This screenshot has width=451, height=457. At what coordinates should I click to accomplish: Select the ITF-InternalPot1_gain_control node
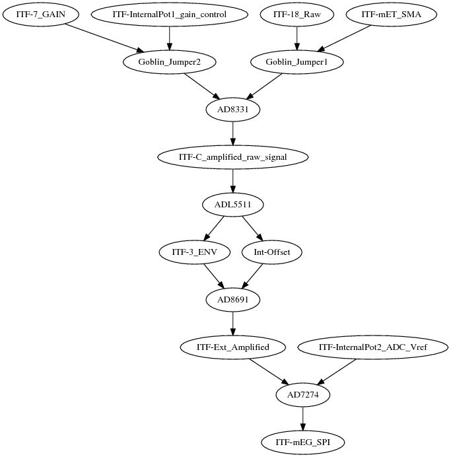click(170, 13)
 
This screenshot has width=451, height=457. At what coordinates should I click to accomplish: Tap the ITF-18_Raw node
click(297, 13)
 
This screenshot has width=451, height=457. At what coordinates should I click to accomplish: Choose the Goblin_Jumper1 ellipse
click(297, 61)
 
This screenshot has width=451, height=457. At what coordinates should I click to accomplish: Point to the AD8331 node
click(232, 109)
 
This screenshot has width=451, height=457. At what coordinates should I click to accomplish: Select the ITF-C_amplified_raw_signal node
click(232, 157)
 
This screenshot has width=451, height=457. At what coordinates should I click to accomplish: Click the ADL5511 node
click(232, 204)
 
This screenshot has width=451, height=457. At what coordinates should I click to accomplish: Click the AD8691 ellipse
click(232, 299)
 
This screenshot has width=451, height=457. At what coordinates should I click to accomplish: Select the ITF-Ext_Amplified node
click(233, 347)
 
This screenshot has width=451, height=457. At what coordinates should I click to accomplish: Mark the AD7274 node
click(302, 394)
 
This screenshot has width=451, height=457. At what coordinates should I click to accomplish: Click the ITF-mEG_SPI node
click(302, 442)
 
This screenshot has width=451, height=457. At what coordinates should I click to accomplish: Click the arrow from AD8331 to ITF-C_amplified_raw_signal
click(232, 133)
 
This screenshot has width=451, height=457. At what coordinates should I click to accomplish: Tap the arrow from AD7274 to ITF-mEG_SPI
click(302, 418)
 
